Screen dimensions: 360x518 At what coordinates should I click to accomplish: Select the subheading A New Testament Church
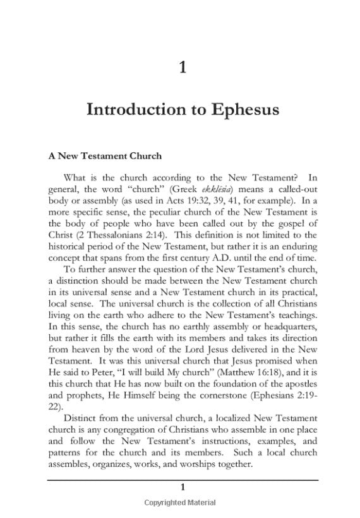coord(105,155)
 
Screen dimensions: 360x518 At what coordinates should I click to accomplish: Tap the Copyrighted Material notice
coord(182,503)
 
